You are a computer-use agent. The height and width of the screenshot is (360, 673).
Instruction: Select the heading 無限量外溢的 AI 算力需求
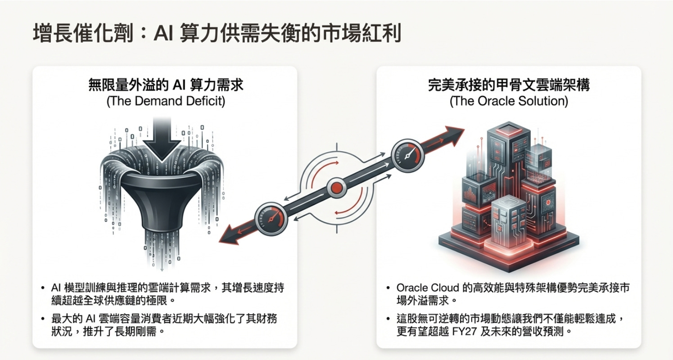pos(166,85)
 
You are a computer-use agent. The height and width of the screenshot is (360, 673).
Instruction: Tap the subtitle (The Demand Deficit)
pos(166,101)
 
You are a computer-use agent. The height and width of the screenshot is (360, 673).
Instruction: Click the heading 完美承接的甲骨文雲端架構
pos(509,85)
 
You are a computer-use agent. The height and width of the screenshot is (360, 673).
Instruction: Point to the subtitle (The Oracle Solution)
pos(509,101)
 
